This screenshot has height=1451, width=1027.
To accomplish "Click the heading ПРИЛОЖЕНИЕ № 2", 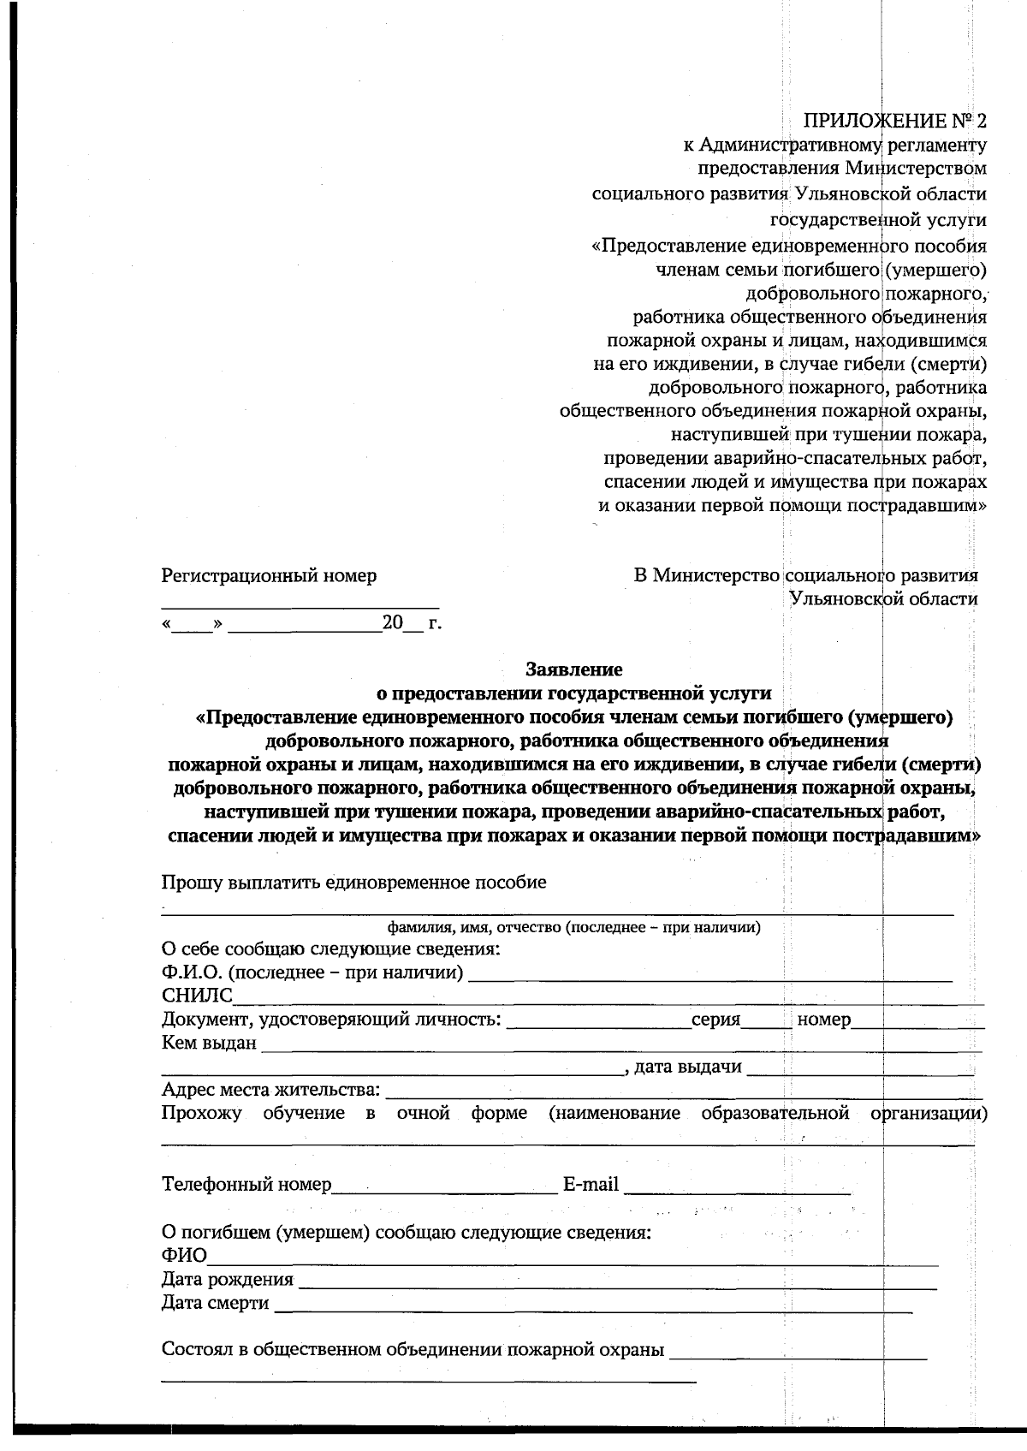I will pos(896,119).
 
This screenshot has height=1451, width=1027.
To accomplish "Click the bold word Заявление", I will pos(574,669).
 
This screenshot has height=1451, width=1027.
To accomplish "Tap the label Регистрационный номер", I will pos(269,575).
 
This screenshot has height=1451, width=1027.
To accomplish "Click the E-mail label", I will pos(591,1185).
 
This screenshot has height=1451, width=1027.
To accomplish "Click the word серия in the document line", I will pos(715,1020).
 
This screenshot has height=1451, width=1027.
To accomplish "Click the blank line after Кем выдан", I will pos(620,1045).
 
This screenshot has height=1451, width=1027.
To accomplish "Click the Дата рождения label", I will pos(228,1280).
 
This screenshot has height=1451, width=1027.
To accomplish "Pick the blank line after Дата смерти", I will pos(591,1305).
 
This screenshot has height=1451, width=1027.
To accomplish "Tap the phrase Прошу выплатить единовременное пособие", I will pos(353,883).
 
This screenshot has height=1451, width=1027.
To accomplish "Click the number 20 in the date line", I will pos(392,622).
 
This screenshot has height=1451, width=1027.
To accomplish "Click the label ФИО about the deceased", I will pos(184,1256).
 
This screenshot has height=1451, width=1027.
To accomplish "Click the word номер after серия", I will pos(823,1020).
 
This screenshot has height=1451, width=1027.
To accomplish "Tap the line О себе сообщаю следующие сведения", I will pos(330,949).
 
